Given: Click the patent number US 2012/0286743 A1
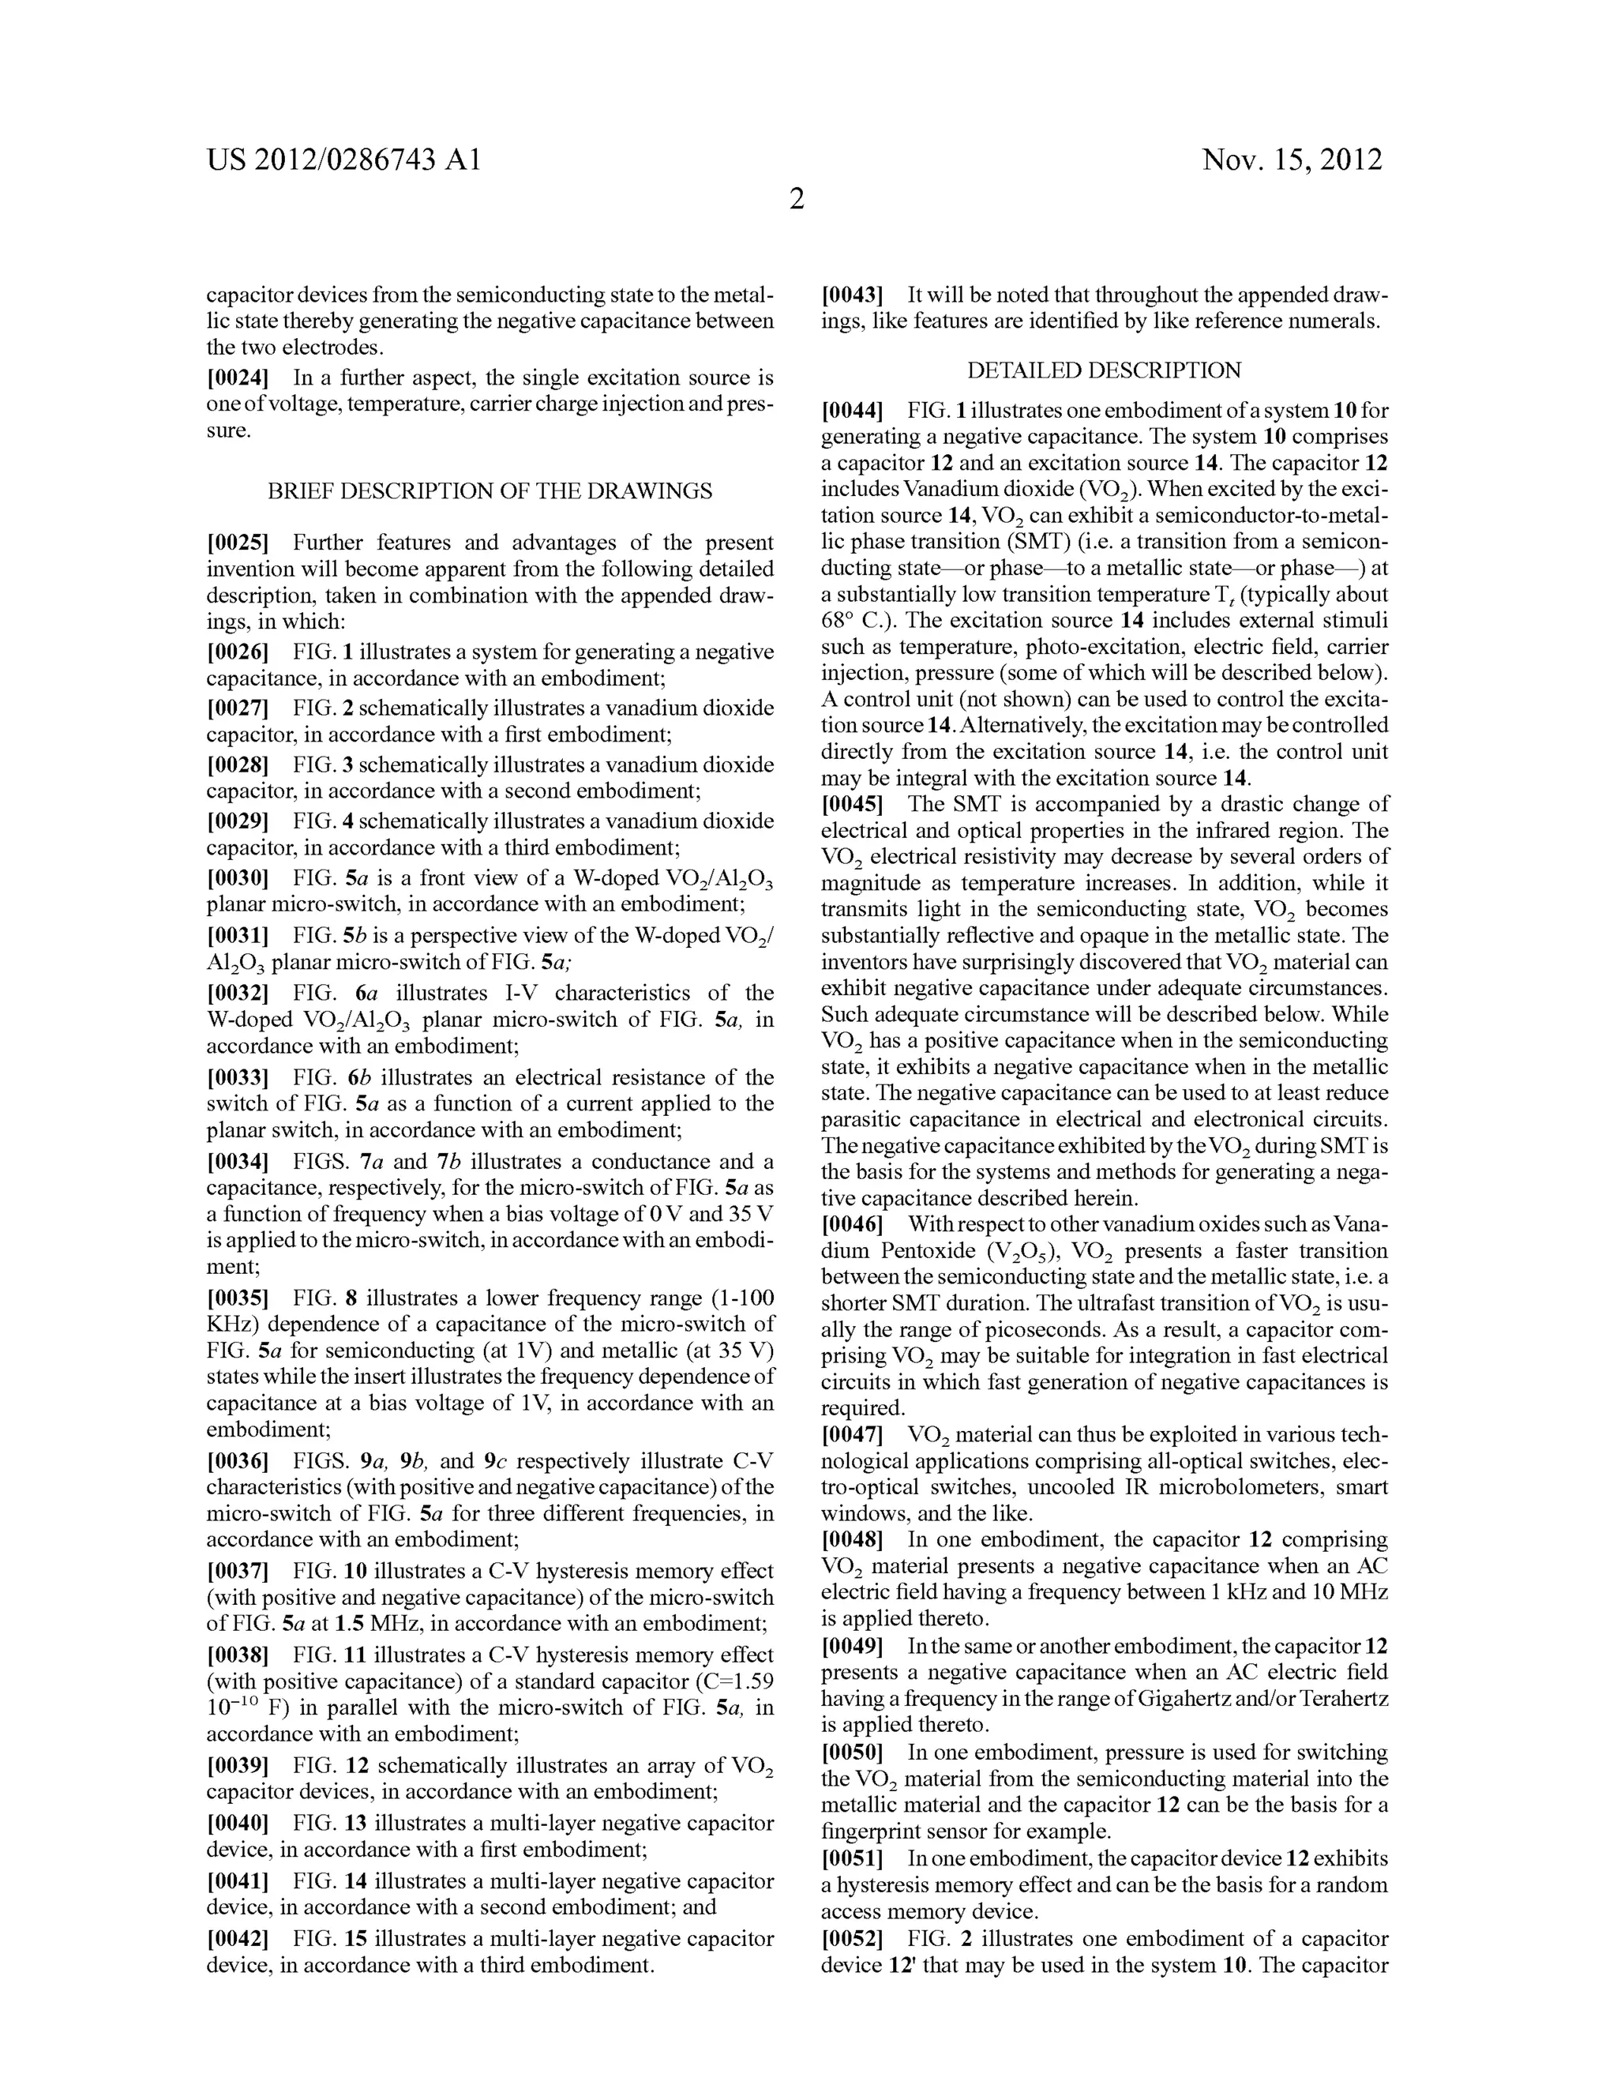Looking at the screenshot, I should click(x=343, y=160).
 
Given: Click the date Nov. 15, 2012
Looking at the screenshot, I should click(x=1292, y=160).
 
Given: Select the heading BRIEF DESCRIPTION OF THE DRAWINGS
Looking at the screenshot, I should click(x=490, y=492).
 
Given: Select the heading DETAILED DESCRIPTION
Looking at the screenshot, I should click(x=1105, y=370).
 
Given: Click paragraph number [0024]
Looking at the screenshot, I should click(x=238, y=378).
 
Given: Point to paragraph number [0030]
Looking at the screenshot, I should click(x=238, y=878).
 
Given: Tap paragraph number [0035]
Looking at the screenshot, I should click(x=238, y=1298).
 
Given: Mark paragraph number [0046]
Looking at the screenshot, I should click(x=853, y=1224).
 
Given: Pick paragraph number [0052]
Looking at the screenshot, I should click(x=853, y=1939).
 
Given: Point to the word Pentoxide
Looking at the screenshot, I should click(x=908, y=1252).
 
